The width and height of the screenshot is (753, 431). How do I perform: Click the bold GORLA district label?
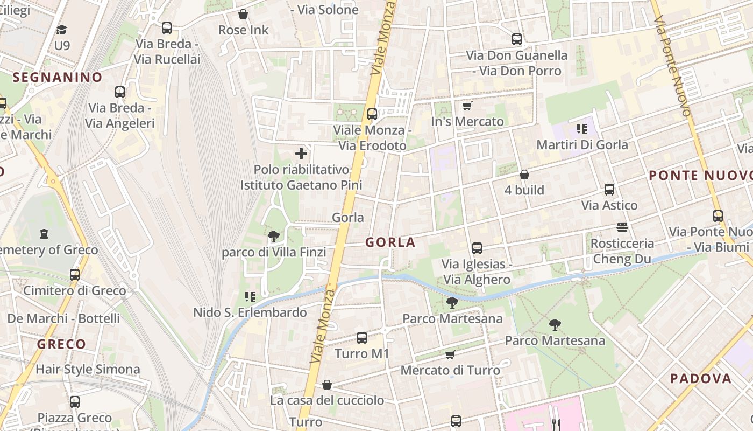390,242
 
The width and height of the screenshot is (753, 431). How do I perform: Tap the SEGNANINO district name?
57,78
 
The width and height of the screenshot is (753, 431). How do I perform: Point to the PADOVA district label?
700,379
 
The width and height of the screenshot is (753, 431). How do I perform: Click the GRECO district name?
61,344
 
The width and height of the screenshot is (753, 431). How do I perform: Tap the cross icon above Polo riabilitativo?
301,154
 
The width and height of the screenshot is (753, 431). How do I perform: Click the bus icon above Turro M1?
362,338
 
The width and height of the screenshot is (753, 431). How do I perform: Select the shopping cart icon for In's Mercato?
467,106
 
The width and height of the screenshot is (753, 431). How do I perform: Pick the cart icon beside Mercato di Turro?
450,354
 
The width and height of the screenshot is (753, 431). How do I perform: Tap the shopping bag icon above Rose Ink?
243,14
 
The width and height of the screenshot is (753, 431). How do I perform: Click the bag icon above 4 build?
524,175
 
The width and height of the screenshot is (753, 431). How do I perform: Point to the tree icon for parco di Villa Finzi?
273,236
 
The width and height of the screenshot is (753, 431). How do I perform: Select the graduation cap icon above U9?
62,30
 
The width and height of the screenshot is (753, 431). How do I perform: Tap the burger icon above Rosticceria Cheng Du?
622,227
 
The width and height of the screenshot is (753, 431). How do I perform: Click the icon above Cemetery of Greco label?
44,234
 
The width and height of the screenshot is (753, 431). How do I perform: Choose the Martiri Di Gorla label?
582,145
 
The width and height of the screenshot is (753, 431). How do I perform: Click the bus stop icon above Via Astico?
609,190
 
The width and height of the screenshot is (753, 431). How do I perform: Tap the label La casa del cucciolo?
327,400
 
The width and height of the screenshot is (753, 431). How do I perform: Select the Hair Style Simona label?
88,370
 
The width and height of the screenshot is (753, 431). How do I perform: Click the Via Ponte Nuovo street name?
672,65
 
